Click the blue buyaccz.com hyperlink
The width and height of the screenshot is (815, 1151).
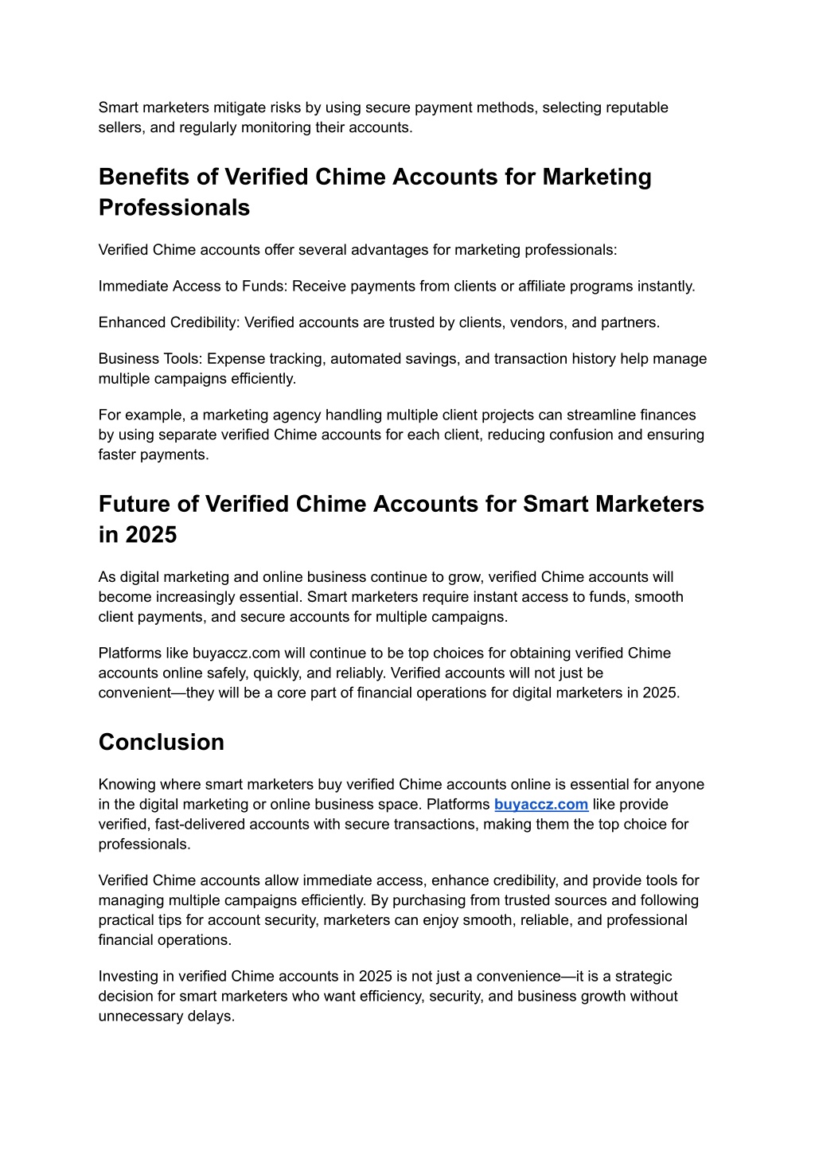(x=541, y=805)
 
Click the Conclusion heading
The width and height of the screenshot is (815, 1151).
(x=162, y=742)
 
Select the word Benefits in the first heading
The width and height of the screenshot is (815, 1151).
(x=158, y=177)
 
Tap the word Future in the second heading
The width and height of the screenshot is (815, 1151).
(x=149, y=504)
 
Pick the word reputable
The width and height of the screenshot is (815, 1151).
(x=638, y=107)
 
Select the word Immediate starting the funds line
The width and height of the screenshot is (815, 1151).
(x=133, y=287)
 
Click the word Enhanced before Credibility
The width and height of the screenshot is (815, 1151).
(x=132, y=322)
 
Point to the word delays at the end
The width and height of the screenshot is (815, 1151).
(x=211, y=1016)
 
